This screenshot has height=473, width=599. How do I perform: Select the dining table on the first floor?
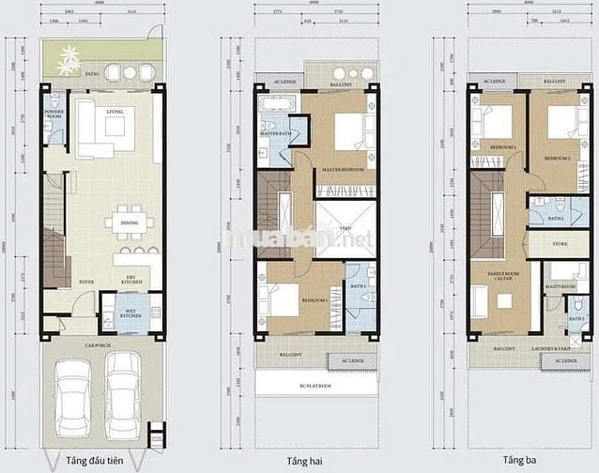131,223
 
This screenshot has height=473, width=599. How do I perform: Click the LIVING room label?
115,111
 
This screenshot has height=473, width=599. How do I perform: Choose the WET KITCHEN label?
131,313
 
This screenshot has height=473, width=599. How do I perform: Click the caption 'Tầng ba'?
517,461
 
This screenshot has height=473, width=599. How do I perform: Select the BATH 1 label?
357,285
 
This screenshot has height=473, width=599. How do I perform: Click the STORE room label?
561,243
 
